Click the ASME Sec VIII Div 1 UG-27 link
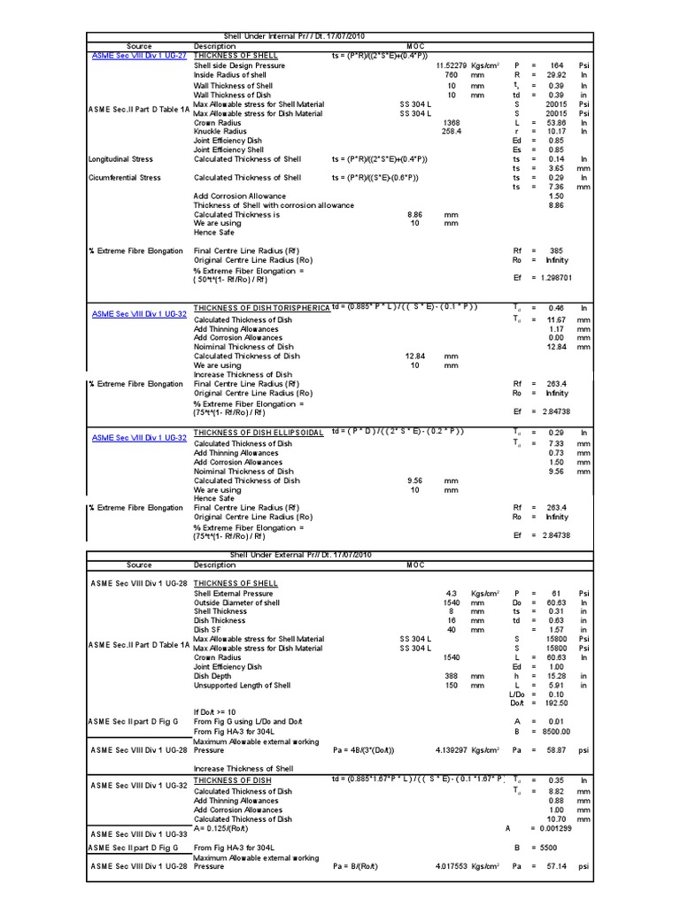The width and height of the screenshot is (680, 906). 139,56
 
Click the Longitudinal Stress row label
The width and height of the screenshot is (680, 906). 120,159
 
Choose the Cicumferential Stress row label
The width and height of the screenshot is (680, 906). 125,178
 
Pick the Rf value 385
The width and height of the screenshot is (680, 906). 557,250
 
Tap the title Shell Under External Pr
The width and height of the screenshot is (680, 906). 300,554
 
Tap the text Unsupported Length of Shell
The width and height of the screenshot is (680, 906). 241,685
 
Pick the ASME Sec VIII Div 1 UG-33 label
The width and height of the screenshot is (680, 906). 138,833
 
